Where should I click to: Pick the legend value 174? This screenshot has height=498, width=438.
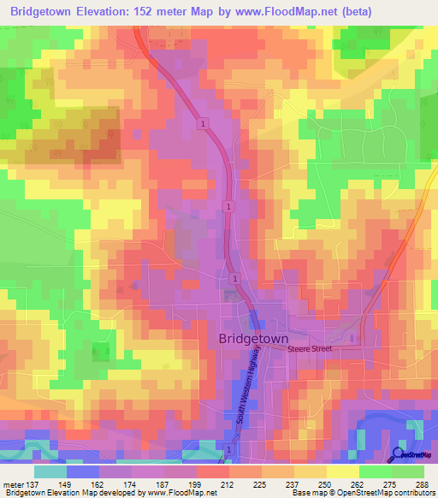(x=130, y=484)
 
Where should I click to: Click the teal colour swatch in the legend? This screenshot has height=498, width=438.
(x=50, y=471)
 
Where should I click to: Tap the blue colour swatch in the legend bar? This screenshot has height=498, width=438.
(x=82, y=471)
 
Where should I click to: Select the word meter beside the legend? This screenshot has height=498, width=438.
(x=11, y=484)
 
